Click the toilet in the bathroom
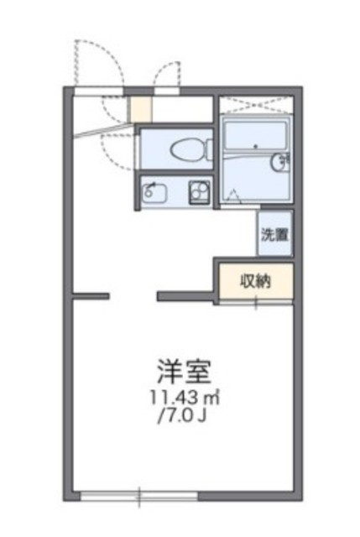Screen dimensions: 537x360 183,151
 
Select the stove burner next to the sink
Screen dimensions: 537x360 198,192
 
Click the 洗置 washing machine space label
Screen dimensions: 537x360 274,236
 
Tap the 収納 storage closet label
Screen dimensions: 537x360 256,281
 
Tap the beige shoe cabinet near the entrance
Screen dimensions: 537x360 139,110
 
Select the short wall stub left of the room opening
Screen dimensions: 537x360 91,295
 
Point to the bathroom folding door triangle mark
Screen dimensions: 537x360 233,197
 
